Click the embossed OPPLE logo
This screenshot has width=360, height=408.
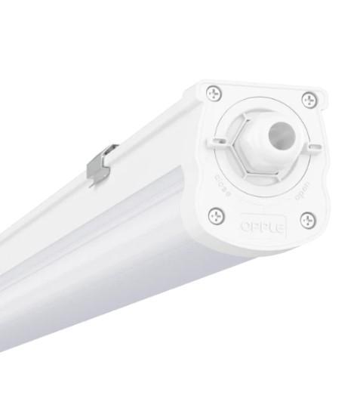[x=262, y=226]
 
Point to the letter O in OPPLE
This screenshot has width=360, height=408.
[x=245, y=224]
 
